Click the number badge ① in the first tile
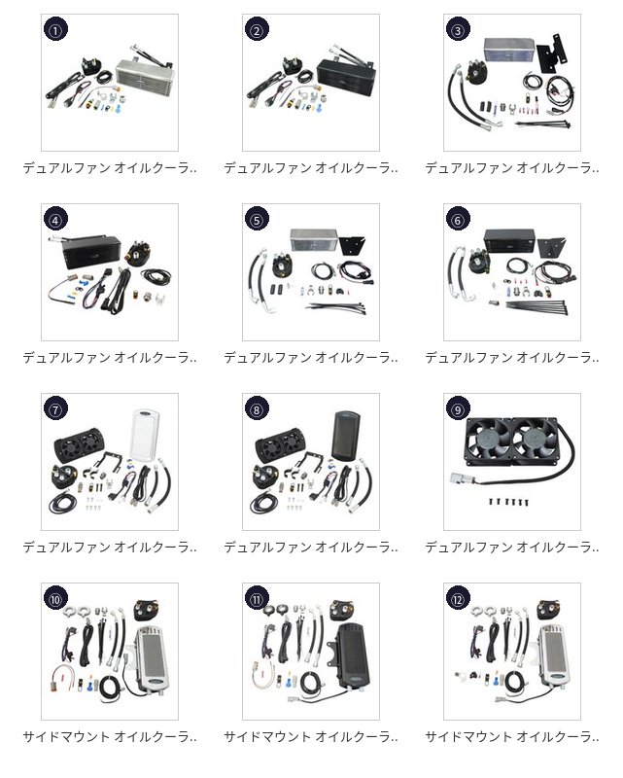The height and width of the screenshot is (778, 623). [55, 30]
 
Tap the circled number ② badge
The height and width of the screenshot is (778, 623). [257, 30]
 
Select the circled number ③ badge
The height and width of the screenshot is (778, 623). [458, 30]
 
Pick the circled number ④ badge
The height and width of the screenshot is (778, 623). [55, 220]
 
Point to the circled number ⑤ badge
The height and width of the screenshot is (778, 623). [257, 220]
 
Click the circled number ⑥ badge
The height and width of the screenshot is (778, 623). [458, 220]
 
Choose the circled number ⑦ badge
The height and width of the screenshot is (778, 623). [55, 409]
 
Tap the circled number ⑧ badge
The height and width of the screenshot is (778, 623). [257, 409]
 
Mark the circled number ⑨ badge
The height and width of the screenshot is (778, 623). [458, 409]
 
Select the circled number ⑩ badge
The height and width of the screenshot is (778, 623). [55, 599]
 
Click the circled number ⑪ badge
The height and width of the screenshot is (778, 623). [257, 599]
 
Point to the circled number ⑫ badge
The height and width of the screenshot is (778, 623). [458, 599]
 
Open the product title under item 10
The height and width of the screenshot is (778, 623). [110, 737]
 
